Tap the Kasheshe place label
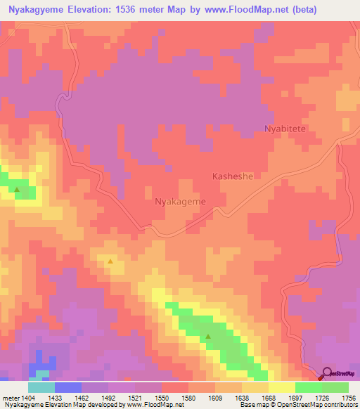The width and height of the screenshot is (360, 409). coord(232,177)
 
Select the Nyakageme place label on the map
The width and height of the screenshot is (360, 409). coord(179,202)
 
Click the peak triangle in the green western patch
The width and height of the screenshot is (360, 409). coord(17,189)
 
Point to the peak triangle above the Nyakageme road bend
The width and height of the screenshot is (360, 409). coord(110,261)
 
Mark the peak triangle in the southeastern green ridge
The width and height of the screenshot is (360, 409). coord(208,337)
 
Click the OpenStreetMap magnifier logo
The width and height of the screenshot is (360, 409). coord(328,373)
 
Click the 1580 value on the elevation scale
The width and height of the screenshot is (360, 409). coord(188,398)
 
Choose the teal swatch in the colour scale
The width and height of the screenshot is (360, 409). coord(41,387)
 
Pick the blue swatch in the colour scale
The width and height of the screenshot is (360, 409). coord(67,387)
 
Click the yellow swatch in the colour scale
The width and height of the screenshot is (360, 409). coord(281,387)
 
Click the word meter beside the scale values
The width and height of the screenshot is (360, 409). coord(9,398)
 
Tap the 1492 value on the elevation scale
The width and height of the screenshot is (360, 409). coord(109,398)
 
